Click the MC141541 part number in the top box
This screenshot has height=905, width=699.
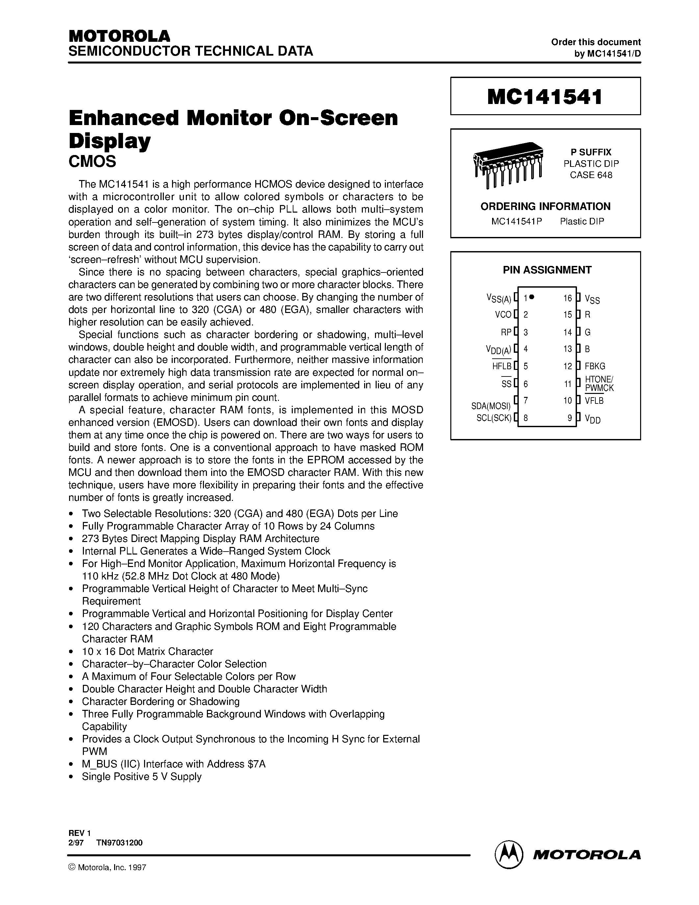pos(545,96)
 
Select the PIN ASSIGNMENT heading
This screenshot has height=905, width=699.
pos(547,270)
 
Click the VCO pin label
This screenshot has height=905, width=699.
pos(503,315)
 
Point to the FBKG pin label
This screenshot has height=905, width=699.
pos(595,366)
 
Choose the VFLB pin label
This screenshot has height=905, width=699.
pos(594,401)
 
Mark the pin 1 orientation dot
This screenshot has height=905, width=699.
pos(532,297)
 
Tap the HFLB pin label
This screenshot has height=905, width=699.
pos(502,366)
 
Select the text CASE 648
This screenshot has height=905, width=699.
pos(591,175)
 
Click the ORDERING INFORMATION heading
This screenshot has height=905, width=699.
pos(545,206)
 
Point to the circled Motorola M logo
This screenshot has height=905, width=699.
pos(509,854)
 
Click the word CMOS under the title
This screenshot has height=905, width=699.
pos(92,162)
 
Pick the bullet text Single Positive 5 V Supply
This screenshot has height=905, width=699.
pos(142,777)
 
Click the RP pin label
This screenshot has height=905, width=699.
pos(506,332)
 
